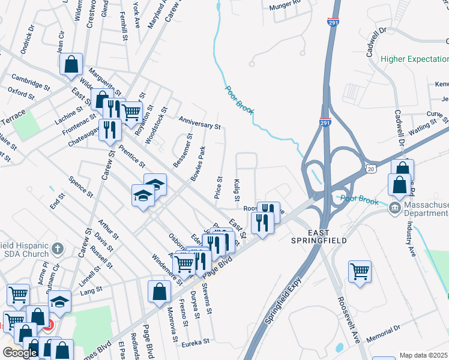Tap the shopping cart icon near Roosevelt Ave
pyautogui.click(x=360, y=271)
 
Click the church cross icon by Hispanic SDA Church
pyautogui.click(x=58, y=248)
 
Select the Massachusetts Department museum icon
pyautogui.click(x=394, y=209)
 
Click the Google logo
pyautogui.click(x=20, y=353)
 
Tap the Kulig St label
pyautogui.click(x=237, y=190)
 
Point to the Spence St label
pyautogui.click(x=80, y=187)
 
